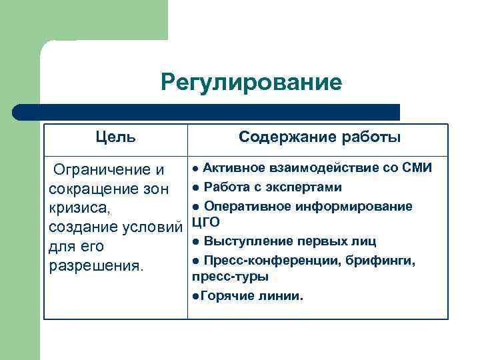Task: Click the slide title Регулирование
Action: coord(251,83)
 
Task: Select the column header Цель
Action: coord(116,137)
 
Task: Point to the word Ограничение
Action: coord(99,170)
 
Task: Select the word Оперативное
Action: coord(246,206)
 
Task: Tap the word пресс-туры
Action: coord(230,275)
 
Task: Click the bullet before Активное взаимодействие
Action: coord(195,167)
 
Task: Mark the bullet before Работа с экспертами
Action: coord(195,187)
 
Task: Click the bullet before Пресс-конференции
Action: coord(195,260)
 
